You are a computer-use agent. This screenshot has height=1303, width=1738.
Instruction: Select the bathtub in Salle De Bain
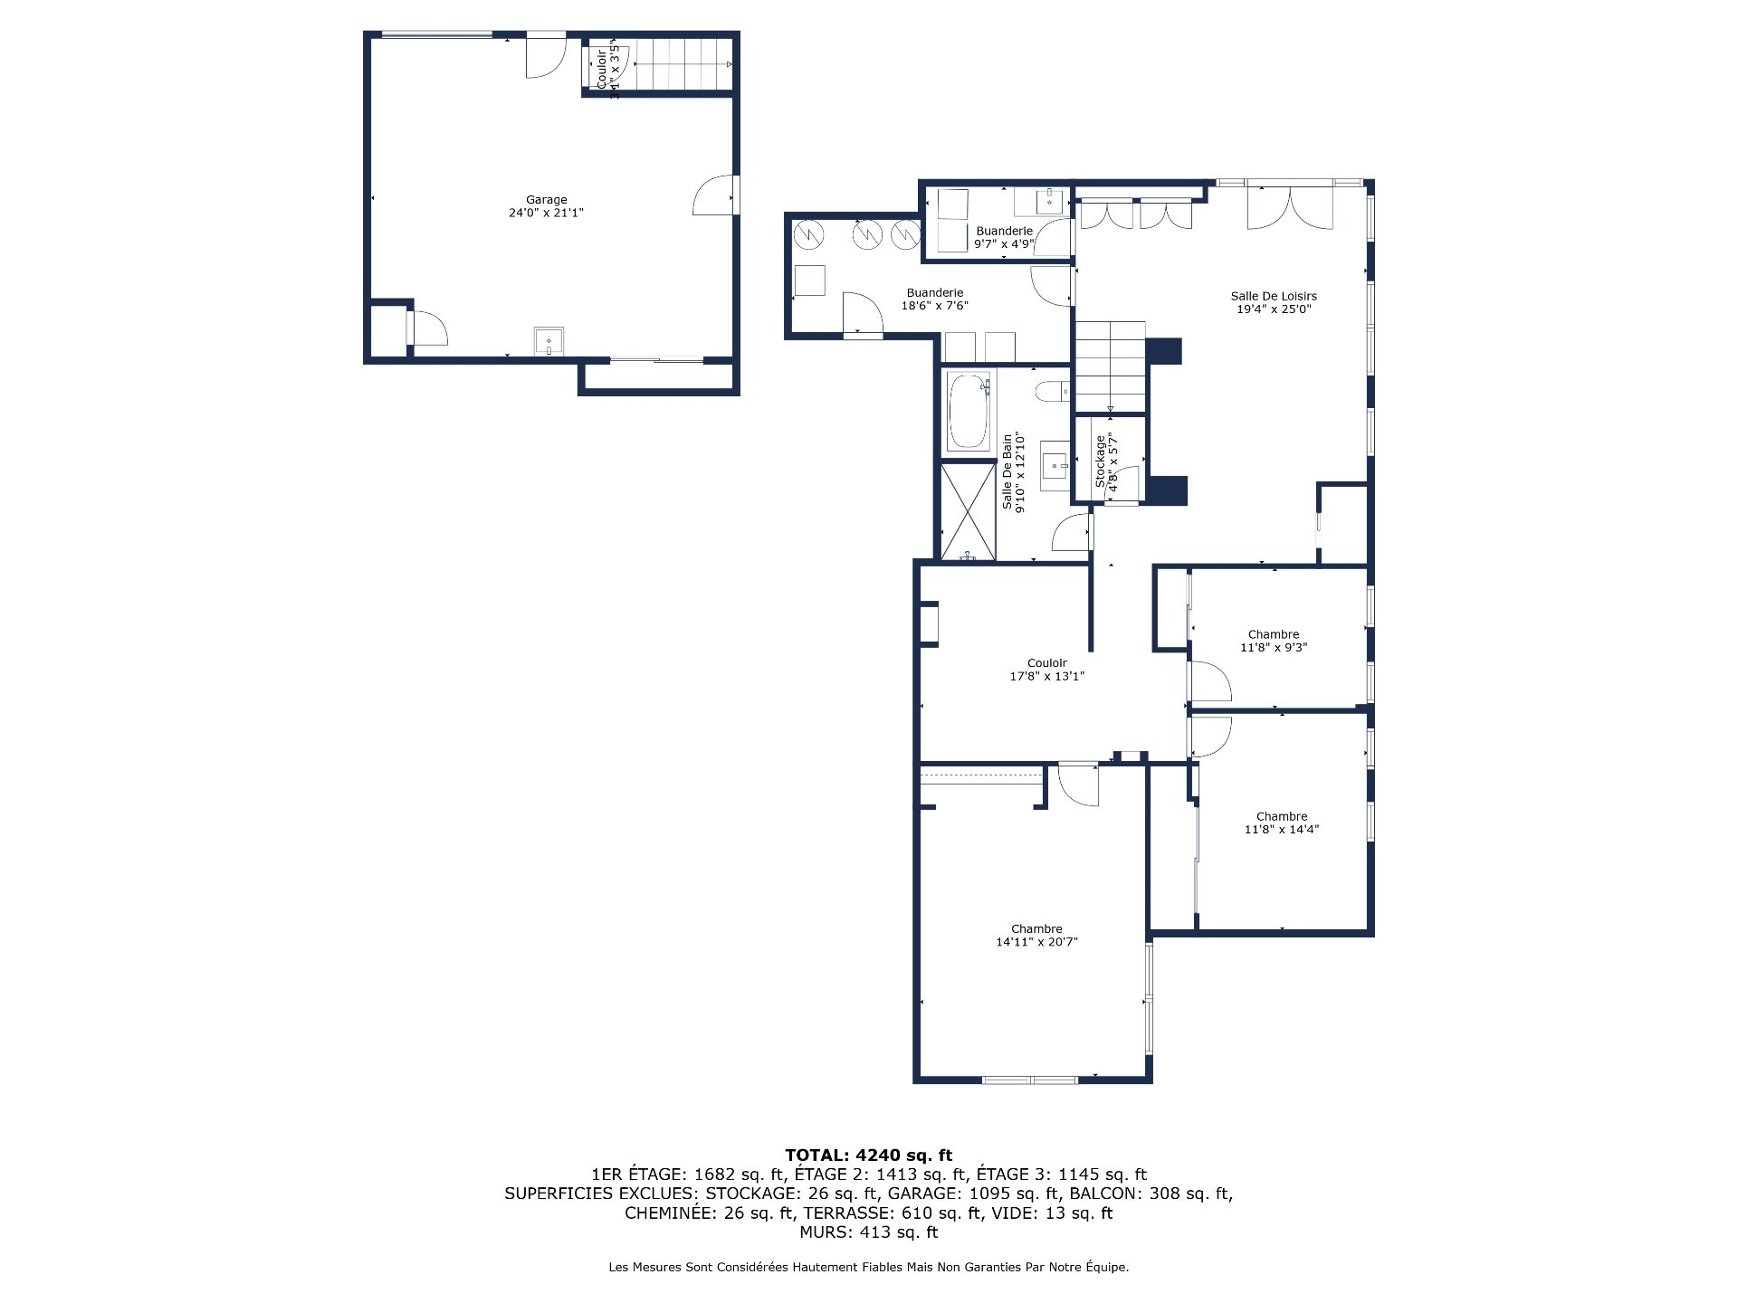coord(968,412)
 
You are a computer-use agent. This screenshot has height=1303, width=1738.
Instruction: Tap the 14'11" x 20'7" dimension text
coord(1036,942)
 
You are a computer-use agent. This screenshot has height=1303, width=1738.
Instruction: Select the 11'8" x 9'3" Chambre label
coord(1274,641)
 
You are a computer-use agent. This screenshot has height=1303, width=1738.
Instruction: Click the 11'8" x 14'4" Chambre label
coord(1282,823)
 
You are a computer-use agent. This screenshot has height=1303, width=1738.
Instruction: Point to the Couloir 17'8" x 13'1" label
coord(1047,670)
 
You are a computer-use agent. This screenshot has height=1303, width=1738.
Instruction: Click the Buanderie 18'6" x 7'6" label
coord(935,299)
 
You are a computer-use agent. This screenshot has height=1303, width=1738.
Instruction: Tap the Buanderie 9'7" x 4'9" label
coord(1004,237)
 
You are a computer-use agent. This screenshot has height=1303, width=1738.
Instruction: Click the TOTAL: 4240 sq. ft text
coord(868,1155)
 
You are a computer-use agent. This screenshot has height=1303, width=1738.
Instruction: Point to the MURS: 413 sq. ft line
coord(868,1232)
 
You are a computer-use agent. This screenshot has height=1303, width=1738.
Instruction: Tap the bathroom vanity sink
coord(1054,466)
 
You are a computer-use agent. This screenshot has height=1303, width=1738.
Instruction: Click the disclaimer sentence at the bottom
coord(868,1268)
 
